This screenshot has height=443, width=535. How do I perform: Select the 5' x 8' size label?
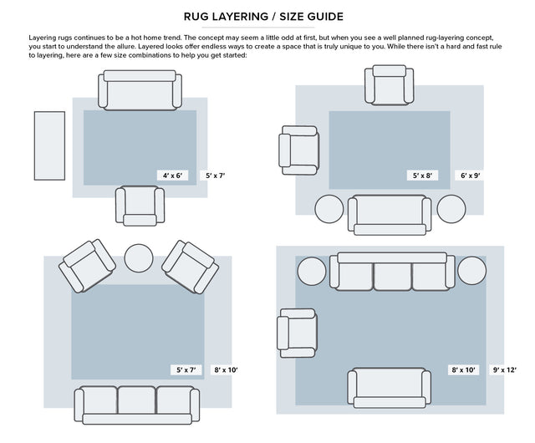(x=423, y=176)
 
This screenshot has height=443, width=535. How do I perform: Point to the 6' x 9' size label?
(x=470, y=176)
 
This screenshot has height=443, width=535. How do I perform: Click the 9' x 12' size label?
(x=504, y=369)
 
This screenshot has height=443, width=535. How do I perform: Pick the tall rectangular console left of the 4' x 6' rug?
(x=49, y=145)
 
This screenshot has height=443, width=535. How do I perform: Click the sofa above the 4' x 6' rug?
(x=140, y=90)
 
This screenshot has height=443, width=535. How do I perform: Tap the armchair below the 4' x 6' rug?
(x=140, y=205)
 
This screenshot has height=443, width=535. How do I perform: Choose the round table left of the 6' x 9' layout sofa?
(x=329, y=208)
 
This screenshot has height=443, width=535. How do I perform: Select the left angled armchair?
(x=89, y=265)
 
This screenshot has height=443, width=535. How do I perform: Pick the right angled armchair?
(x=191, y=265)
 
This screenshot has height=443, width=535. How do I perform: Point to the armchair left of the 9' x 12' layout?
(x=297, y=328)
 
